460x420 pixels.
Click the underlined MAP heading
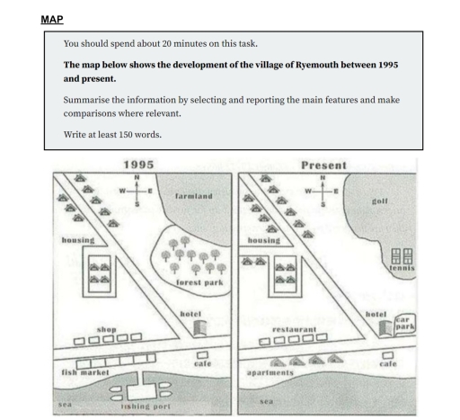[52, 19]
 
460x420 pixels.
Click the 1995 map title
[137, 165]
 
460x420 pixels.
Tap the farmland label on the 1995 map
[193, 195]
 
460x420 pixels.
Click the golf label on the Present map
[379, 201]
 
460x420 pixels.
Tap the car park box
[404, 322]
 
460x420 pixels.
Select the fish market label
[85, 371]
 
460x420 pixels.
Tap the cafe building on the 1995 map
[202, 353]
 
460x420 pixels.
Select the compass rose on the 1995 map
[137, 192]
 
